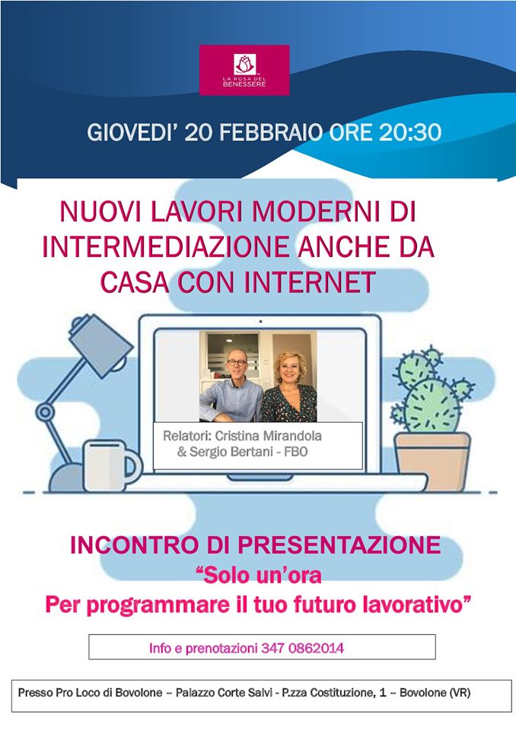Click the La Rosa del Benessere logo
[244, 70]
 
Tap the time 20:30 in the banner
[410, 132]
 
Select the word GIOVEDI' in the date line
[127, 132]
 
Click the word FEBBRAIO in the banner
[271, 132]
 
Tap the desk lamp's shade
[100, 344]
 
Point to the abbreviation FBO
[298, 452]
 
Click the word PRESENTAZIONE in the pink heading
[339, 544]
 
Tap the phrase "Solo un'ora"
[260, 575]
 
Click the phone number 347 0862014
[303, 648]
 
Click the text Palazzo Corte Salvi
[224, 693]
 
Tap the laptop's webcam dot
[260, 321]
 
